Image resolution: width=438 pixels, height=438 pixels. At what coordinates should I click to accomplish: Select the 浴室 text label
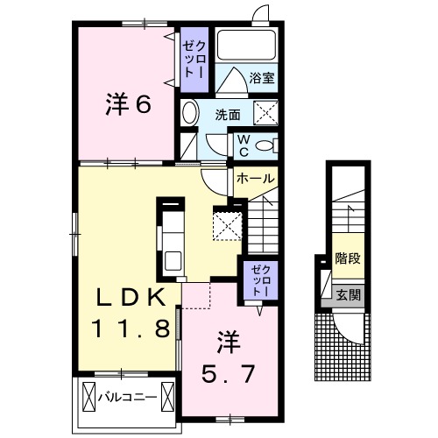[x=261, y=77]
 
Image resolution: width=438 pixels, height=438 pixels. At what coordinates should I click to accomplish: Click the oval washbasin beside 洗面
[x=191, y=111]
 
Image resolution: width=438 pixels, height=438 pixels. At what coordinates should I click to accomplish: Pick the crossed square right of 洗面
[x=265, y=113]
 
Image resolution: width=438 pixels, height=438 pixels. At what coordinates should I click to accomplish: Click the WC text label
[x=243, y=145]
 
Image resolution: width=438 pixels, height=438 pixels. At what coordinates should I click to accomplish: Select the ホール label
[x=255, y=178]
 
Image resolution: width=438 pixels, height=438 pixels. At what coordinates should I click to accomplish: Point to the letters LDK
[x=130, y=299]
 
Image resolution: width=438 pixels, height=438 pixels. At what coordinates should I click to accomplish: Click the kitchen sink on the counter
[x=172, y=259]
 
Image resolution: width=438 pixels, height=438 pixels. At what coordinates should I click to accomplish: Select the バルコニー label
[x=127, y=397]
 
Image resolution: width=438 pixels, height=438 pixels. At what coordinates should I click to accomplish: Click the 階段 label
[x=348, y=259]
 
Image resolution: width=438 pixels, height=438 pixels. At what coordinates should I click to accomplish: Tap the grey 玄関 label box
[x=348, y=295]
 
